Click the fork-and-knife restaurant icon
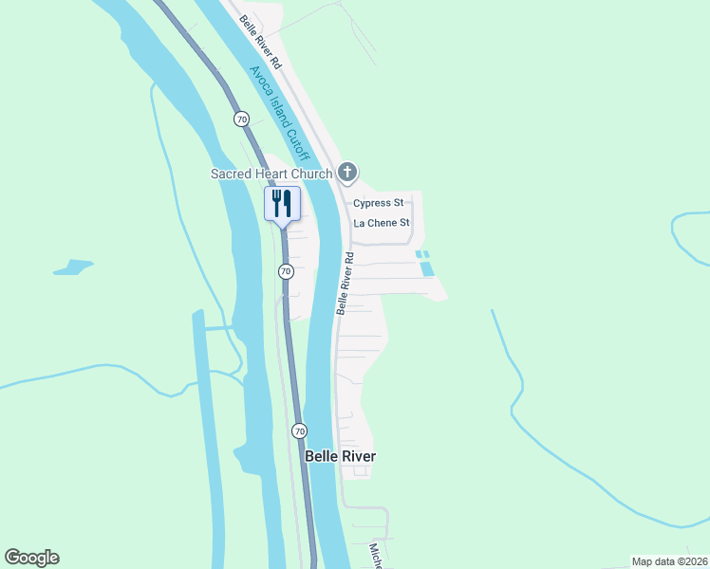[x=282, y=203]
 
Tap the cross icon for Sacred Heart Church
[x=347, y=172]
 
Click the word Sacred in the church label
[x=231, y=174]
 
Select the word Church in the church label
[x=312, y=174]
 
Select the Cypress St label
[x=379, y=203]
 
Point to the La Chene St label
[x=381, y=224]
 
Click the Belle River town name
[x=340, y=456]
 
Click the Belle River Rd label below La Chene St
[x=346, y=284]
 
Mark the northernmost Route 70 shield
[x=241, y=119]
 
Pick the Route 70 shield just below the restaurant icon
[x=286, y=271]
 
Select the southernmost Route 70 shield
[x=300, y=431]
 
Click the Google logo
[x=31, y=558]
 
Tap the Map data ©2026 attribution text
[x=668, y=561]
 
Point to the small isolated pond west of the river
[x=72, y=267]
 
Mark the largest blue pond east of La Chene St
[x=427, y=268]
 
